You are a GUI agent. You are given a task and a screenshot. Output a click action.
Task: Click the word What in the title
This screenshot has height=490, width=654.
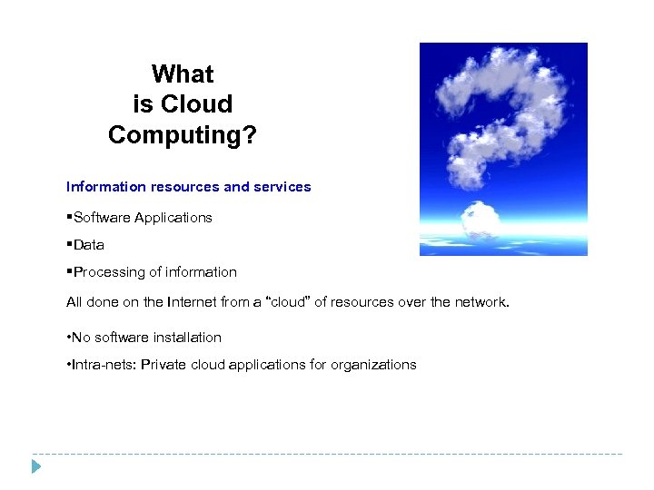(183, 73)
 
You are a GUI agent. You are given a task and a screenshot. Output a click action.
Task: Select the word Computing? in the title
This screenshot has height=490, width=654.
(183, 135)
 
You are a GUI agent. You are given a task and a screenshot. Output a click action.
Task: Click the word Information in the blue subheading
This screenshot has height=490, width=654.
(105, 187)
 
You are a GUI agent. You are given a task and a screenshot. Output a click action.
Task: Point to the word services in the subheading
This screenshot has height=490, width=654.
(282, 187)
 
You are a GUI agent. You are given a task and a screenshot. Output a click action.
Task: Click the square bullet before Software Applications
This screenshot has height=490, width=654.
(69, 216)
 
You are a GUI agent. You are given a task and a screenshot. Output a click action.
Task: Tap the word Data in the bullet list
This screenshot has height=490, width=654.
(89, 245)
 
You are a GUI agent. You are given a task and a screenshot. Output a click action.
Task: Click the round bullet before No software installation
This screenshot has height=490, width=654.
(69, 338)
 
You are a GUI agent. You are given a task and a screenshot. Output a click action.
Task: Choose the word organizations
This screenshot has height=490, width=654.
(373, 366)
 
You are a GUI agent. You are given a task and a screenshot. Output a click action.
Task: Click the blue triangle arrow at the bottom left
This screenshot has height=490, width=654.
(35, 466)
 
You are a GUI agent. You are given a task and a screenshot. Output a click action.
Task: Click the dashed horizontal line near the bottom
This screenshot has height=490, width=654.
(327, 454)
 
